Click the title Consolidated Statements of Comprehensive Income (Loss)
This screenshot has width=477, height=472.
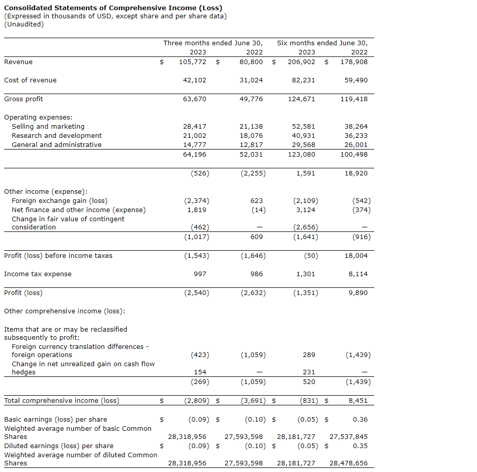coord(113,8)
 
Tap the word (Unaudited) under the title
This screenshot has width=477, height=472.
coord(24,24)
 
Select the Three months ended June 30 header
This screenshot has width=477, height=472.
coord(213,43)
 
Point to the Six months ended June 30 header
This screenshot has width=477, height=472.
coord(322,43)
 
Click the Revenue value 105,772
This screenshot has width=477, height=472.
coord(193,62)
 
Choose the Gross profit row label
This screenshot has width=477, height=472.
coord(23,99)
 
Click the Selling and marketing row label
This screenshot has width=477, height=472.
coord(48,127)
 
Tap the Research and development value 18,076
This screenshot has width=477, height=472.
coord(251,136)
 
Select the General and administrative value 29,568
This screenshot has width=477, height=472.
coord(303,145)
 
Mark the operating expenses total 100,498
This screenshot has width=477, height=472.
coord(354,155)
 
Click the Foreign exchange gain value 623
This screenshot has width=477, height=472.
coord(257,201)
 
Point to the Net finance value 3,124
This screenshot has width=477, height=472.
coord(306,210)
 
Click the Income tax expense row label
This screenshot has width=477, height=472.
coord(38,274)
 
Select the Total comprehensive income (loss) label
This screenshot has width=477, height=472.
coord(62,401)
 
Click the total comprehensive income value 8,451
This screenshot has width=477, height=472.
coord(358,401)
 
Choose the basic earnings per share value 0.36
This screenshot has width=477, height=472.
coord(360,420)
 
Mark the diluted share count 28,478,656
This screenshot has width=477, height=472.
coord(348,463)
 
